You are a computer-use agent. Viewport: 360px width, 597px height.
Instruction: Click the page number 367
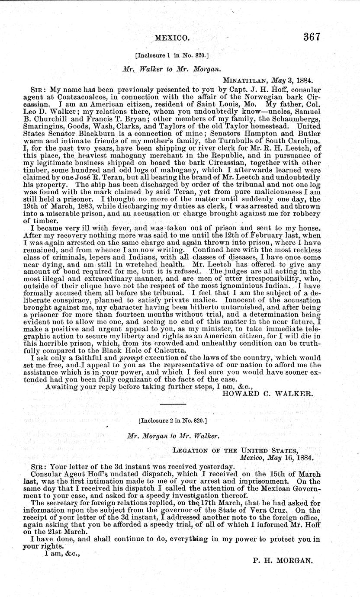(x=311, y=37)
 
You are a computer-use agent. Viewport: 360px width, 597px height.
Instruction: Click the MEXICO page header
(x=171, y=39)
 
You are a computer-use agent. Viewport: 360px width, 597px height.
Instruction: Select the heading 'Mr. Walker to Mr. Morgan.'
(x=171, y=69)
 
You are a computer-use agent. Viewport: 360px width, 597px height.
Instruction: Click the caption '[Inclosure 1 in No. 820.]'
(x=172, y=56)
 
